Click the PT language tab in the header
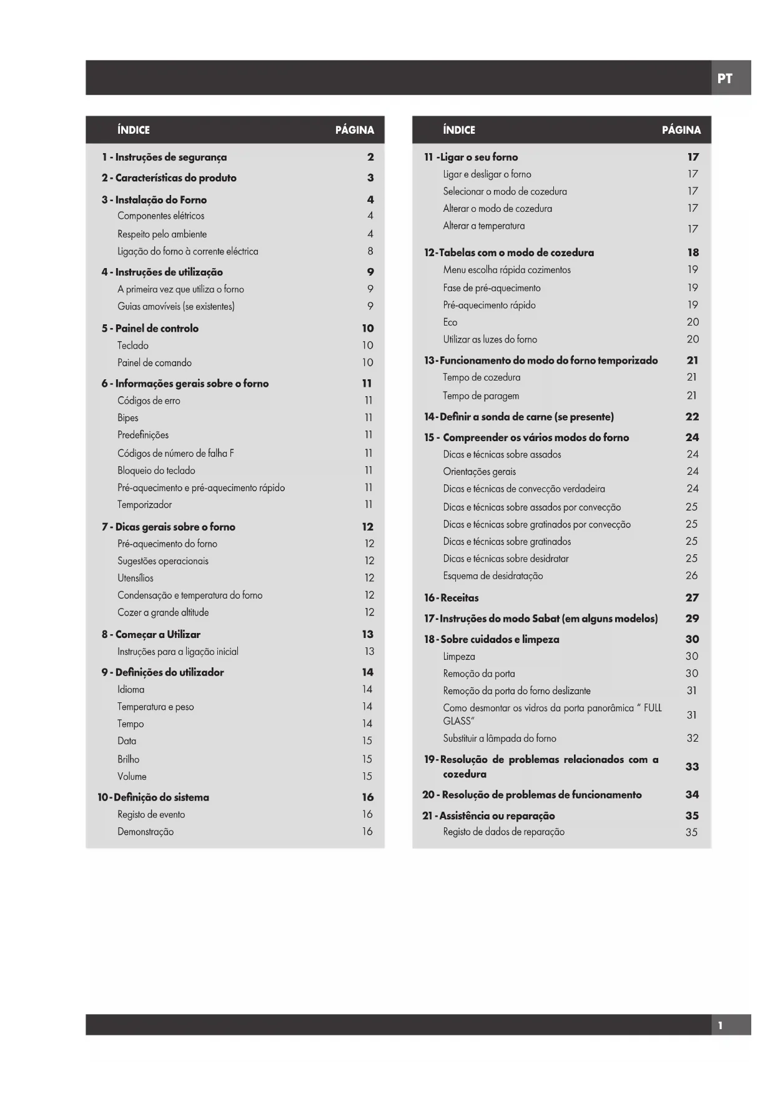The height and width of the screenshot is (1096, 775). coord(724,79)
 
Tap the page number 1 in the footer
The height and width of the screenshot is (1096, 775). coord(720,1025)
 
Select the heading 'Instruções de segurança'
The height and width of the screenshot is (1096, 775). coord(170,157)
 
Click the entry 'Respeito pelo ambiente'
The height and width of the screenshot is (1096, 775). coord(162,234)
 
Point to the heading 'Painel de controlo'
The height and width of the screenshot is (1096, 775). coord(157,329)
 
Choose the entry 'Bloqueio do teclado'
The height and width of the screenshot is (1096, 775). coord(156,471)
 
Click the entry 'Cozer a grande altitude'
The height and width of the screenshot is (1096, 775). coord(163,612)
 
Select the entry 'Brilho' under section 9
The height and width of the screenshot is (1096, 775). coord(128,759)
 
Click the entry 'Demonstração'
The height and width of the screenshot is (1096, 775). coord(146,832)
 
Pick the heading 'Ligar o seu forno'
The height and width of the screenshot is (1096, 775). coord(478,157)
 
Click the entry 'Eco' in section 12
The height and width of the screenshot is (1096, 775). coord(450,322)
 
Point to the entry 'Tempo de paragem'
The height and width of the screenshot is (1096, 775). coord(481,396)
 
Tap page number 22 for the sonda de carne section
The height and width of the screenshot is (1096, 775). coord(692,417)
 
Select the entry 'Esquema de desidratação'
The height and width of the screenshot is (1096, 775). coord(493,576)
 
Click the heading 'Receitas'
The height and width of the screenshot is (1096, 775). coord(460,598)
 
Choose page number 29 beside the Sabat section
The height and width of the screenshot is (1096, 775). coord(692,619)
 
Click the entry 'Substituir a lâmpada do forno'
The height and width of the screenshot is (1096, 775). coord(500,739)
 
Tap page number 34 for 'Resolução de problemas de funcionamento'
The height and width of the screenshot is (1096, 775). coord(692,795)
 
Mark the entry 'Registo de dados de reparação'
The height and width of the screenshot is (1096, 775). coord(503,832)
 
